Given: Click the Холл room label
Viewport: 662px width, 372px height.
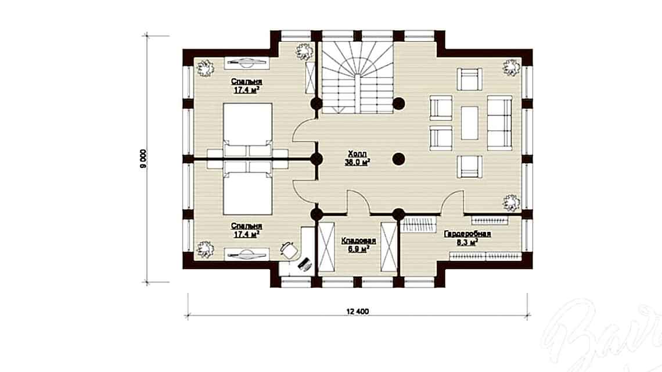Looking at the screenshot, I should [x=358, y=155].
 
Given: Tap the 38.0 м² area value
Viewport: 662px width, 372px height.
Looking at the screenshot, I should [x=358, y=163].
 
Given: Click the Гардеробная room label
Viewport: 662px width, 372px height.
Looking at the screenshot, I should [x=468, y=234].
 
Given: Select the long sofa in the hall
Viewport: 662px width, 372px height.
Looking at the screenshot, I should [x=499, y=123].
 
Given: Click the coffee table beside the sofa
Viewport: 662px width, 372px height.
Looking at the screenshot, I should [x=469, y=122].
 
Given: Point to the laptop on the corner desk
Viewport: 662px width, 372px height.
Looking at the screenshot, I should [x=304, y=263].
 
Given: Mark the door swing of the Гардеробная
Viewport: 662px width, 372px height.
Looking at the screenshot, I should [x=451, y=203].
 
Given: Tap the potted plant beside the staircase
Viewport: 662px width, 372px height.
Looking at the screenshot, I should [x=303, y=51].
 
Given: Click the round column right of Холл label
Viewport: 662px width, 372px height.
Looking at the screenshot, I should [x=398, y=158].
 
